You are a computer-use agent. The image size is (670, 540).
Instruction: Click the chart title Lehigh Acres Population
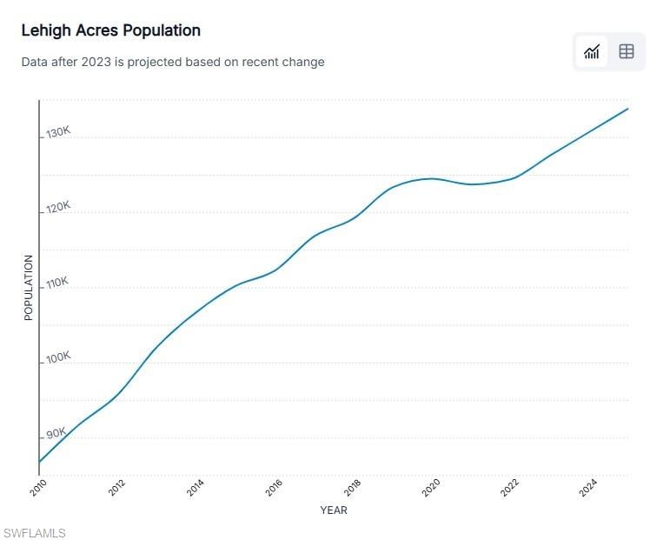tap(111, 30)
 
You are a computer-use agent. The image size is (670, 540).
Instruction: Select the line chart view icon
tap(592, 51)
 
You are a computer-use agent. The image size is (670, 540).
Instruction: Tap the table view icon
tap(627, 51)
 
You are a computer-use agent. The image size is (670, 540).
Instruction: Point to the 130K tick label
tap(58, 132)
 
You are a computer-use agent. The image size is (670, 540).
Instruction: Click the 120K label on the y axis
tap(58, 207)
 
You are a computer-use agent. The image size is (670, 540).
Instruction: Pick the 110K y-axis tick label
tap(57, 283)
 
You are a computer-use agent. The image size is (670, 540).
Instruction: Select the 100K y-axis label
tap(58, 358)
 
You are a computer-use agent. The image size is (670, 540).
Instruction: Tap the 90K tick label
tap(56, 433)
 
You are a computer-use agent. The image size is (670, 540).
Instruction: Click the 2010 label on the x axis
tap(38, 488)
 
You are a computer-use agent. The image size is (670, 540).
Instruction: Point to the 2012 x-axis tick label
tap(116, 488)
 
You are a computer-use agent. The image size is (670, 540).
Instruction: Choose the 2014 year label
tap(196, 488)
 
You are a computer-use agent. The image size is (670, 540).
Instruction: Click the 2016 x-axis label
tap(274, 488)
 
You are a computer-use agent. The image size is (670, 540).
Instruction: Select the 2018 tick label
tap(353, 488)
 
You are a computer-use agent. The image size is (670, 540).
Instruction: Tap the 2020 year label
tap(431, 488)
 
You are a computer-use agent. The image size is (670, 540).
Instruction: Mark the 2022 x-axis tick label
tap(509, 488)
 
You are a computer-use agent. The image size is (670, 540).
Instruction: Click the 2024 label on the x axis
tap(588, 488)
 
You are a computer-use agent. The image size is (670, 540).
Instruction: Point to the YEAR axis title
tap(334, 510)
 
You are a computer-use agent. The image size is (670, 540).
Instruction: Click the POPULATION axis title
tap(28, 287)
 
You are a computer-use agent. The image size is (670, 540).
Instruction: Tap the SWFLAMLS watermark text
tap(35, 533)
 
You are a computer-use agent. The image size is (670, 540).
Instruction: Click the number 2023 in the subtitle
tap(96, 62)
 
